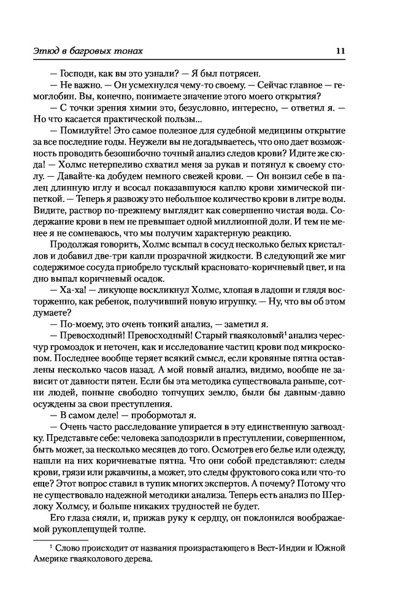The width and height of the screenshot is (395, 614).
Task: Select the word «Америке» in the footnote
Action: [x=62, y=559]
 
